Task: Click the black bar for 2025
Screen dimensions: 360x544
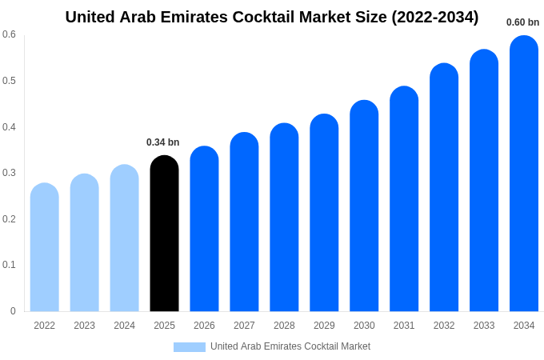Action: click(164, 234)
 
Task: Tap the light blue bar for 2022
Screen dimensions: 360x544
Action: click(45, 247)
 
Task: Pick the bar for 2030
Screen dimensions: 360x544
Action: click(364, 206)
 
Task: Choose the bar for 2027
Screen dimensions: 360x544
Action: click(244, 222)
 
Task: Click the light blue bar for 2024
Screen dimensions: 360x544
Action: click(124, 238)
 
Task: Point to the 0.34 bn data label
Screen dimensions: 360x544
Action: click(162, 142)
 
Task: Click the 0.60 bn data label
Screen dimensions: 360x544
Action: click(522, 22)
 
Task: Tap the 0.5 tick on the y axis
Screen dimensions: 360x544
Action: click(9, 81)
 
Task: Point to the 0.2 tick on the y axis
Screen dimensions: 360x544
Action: click(9, 219)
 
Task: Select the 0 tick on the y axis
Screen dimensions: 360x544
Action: click(13, 311)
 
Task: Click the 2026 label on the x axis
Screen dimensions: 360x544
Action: click(204, 326)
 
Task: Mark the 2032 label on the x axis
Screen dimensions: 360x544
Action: click(444, 326)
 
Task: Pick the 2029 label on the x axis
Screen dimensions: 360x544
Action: click(324, 326)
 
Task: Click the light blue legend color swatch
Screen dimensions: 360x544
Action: click(190, 347)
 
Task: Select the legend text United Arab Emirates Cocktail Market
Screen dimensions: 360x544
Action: click(290, 346)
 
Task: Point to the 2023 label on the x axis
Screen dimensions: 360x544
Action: click(84, 326)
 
